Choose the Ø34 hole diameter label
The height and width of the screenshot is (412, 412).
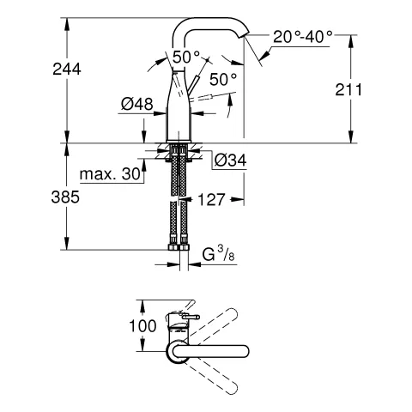click(229, 161)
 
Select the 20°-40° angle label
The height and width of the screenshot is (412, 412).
click(302, 38)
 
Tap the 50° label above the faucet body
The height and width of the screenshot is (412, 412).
click(185, 58)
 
